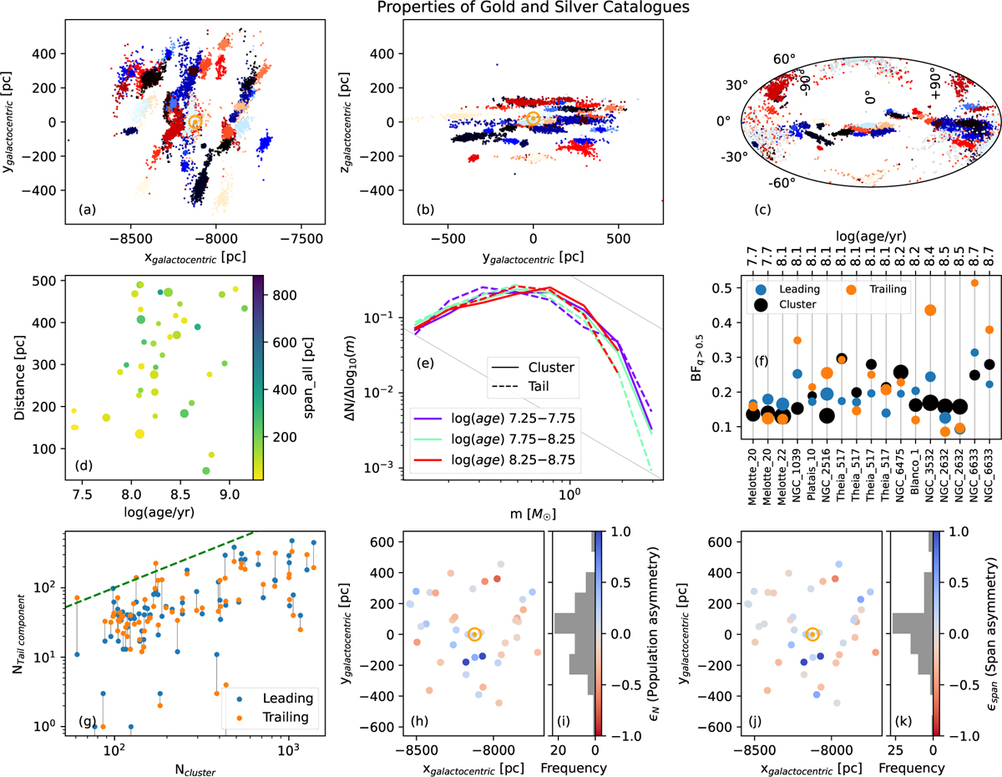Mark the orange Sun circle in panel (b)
[533, 119]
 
